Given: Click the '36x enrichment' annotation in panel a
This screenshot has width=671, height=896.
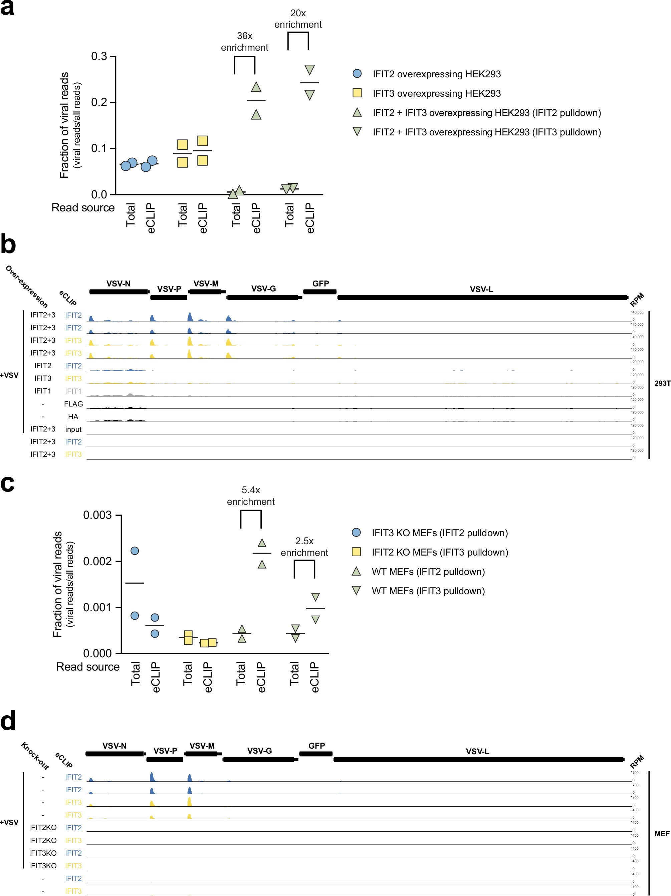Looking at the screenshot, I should click(244, 42).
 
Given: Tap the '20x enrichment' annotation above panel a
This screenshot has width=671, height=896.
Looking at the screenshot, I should click(298, 19).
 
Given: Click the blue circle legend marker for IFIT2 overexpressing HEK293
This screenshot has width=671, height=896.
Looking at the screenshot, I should click(357, 74).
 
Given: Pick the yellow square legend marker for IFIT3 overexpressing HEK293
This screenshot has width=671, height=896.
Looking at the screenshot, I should click(357, 93).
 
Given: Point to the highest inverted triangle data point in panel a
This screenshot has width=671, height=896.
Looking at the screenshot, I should click(309, 70).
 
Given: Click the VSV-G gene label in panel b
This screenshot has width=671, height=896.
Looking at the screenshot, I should click(263, 288).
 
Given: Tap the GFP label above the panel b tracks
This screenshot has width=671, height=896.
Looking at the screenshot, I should click(320, 283).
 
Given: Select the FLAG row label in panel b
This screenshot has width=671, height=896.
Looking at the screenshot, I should click(73, 404).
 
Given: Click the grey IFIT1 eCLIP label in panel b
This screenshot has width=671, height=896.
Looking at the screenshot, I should click(73, 391).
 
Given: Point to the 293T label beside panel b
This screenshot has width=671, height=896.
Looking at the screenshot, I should click(662, 383).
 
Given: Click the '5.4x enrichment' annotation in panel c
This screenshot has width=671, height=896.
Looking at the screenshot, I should click(251, 496).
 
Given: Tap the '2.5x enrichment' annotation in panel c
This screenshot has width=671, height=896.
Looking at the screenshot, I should click(304, 547).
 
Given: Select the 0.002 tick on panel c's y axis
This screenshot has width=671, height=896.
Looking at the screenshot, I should click(97, 562).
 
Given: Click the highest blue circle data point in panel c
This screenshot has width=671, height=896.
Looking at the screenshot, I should click(135, 551).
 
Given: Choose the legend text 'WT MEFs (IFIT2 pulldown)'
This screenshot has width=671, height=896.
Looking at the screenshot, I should click(428, 572).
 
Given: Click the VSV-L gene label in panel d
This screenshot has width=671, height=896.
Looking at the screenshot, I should click(477, 751).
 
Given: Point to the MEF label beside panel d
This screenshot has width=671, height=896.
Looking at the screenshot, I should click(662, 834).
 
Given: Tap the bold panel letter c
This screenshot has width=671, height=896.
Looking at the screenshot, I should click(7, 483).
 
